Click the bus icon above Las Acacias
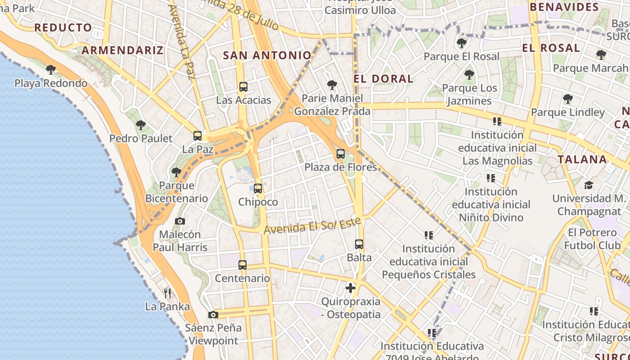pos(243,87)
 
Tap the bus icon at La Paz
pos(198,135)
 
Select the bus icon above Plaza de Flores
pos(341,154)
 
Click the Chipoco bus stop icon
pos(258,189)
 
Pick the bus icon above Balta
pos(359,244)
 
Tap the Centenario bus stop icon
pos(243,265)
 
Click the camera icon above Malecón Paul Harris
pos(180,221)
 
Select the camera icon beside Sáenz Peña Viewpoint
pos(213,315)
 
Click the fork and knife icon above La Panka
pos(167,293)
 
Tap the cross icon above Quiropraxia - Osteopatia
pos(351,288)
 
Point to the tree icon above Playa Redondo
pos(51,70)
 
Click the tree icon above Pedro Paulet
pos(141,125)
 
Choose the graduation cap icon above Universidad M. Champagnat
pos(589,185)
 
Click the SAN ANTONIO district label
pos(267,55)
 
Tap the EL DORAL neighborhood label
pos(383,79)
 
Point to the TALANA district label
pos(582,159)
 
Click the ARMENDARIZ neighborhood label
pos(122,50)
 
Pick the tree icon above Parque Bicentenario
pos(176,172)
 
